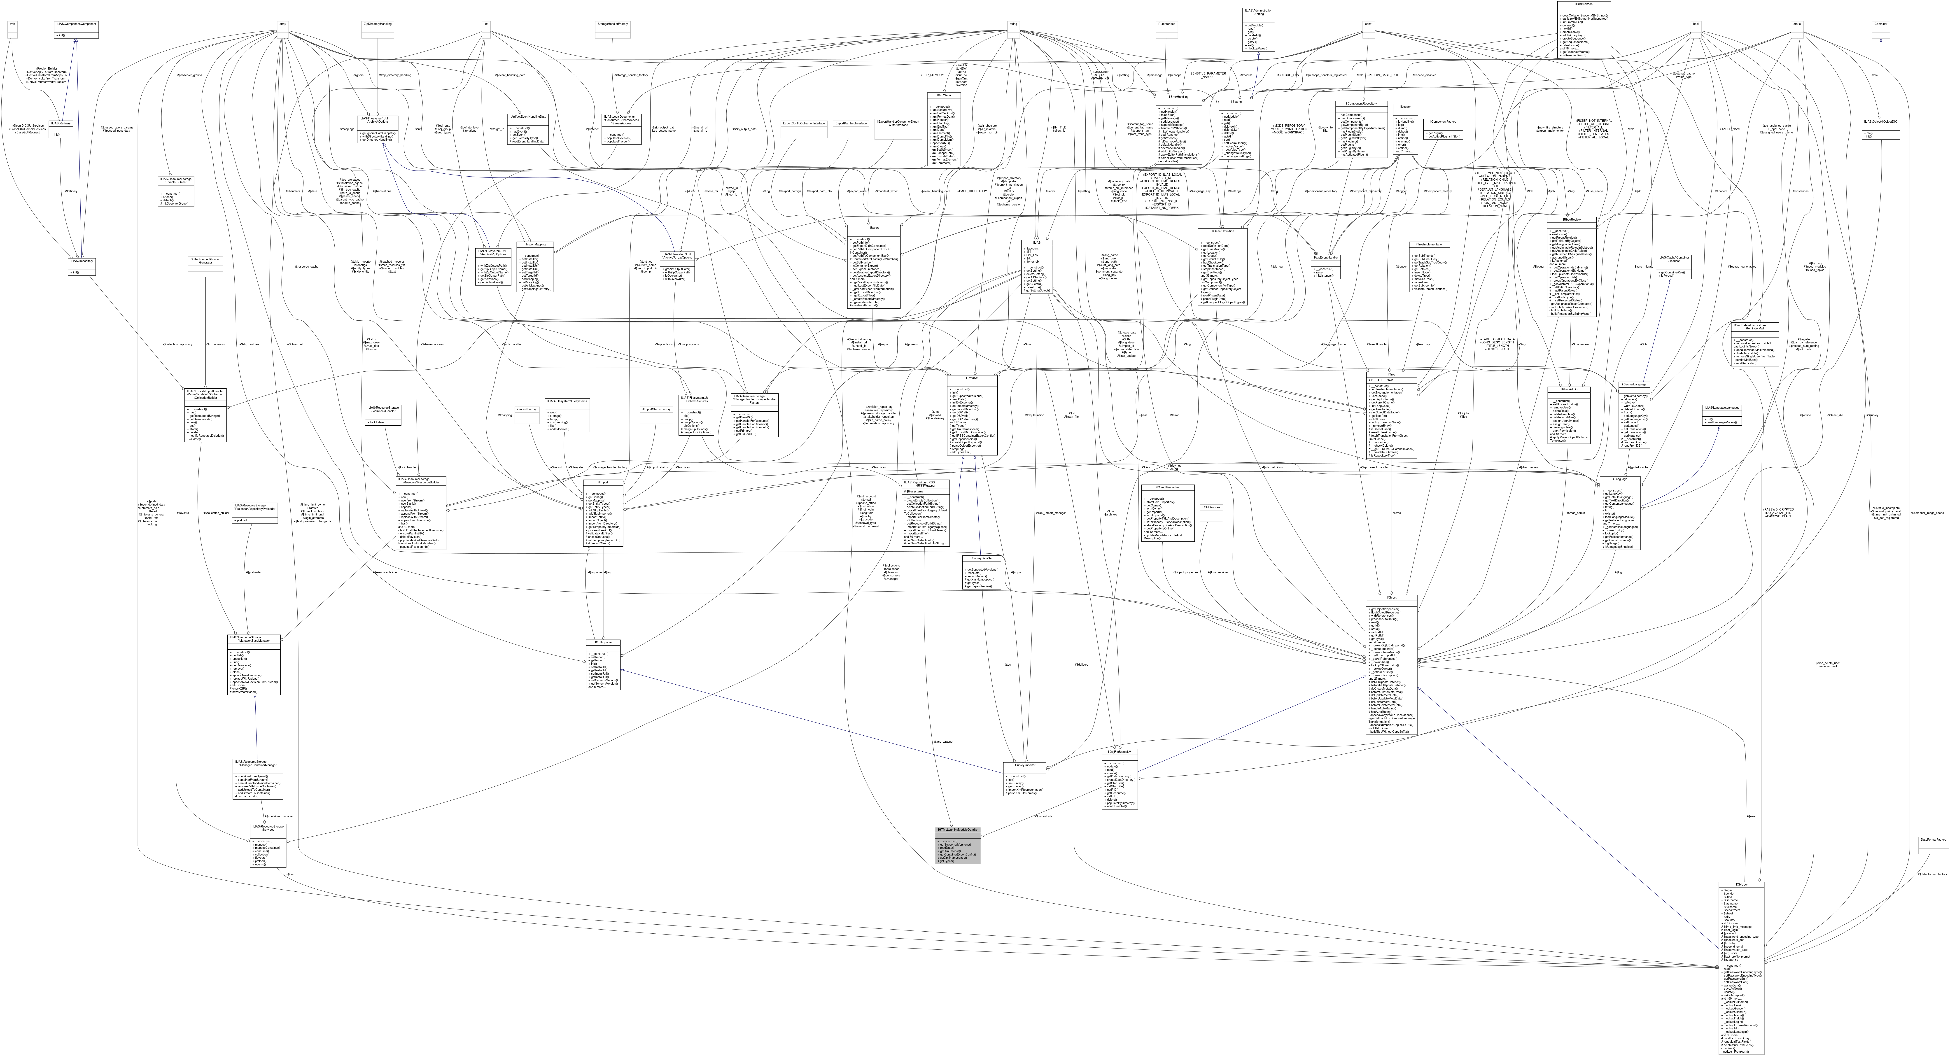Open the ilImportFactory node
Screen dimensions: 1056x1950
(x=526, y=409)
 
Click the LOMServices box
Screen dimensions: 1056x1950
(x=1212, y=507)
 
